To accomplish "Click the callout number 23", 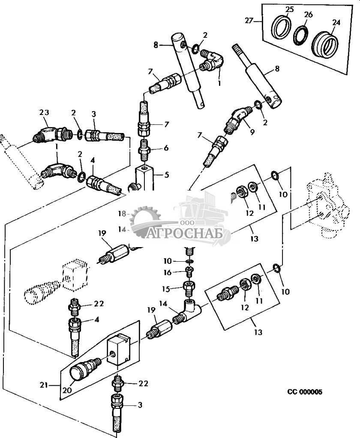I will (x=45, y=112).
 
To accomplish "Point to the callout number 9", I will (x=252, y=133).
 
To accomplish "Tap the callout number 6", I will (x=166, y=148).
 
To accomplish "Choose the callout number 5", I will (x=167, y=175).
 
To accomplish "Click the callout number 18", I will (x=122, y=213).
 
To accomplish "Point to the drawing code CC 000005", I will (x=305, y=392).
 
